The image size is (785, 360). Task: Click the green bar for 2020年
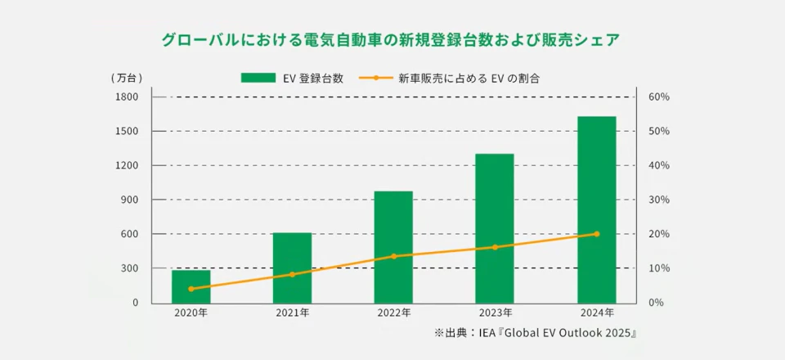coord(191,286)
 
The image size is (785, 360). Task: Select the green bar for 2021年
coord(292,268)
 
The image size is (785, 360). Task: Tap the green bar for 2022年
coord(393,246)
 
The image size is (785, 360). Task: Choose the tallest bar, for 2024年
coord(596,209)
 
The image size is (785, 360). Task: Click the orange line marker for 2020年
coord(191,289)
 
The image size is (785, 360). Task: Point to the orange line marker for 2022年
coord(393,256)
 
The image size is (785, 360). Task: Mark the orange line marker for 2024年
coord(596,234)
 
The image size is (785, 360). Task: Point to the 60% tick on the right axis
coord(659,97)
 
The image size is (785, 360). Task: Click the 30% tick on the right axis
coord(659,200)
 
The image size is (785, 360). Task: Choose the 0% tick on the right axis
coord(657,303)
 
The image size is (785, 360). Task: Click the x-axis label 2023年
coord(495,313)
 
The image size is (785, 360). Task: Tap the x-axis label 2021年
coord(292,313)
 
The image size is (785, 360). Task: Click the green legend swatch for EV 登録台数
coord(258,79)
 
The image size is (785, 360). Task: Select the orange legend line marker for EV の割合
coord(375,79)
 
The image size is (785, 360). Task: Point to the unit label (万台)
coord(128,79)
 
